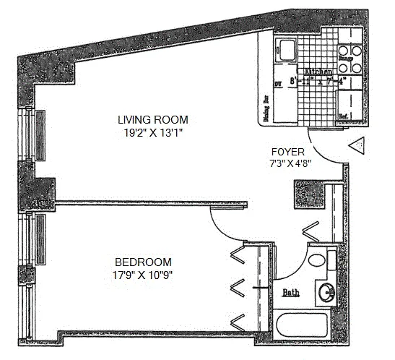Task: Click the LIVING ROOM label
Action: pos(154,119)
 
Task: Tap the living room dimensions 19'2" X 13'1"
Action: pos(154,132)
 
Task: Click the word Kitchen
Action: pos(318,73)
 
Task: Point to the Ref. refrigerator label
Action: pos(344,115)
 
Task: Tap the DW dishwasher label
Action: pos(277,85)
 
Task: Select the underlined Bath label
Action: pos(290,293)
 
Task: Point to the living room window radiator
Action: pos(40,132)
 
